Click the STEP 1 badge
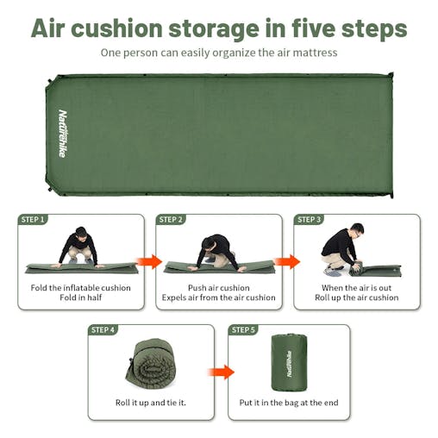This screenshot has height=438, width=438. (x=33, y=220)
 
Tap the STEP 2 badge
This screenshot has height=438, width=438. (x=172, y=220)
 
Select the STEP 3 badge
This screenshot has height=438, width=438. (x=310, y=220)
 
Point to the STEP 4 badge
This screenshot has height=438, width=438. (x=103, y=330)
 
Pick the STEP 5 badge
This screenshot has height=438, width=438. (x=243, y=330)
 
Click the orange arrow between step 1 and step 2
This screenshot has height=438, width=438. (x=149, y=262)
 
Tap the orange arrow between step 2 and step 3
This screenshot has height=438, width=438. (x=287, y=262)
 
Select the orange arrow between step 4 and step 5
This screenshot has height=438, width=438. (x=221, y=372)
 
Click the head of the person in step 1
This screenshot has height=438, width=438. (x=80, y=233)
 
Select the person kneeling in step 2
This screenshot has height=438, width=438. (x=216, y=250)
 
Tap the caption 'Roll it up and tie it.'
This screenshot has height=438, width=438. (x=151, y=403)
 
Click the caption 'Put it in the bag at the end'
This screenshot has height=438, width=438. (x=289, y=403)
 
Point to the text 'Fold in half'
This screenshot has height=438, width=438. (x=81, y=298)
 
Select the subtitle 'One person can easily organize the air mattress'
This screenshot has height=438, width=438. (x=218, y=53)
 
